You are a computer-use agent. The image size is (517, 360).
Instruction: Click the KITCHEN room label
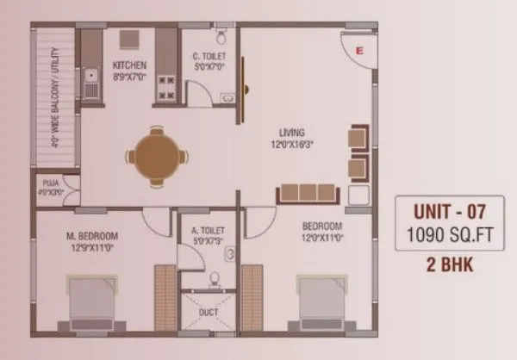[x=129, y=65]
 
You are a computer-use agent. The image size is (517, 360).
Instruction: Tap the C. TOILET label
[x=209, y=57]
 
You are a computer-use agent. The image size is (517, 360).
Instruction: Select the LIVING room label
[x=292, y=133]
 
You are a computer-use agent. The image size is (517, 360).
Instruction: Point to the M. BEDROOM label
[x=92, y=235]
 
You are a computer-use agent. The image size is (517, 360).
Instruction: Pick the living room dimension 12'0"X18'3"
[x=292, y=144]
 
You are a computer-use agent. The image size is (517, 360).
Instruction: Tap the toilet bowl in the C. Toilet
[x=222, y=35]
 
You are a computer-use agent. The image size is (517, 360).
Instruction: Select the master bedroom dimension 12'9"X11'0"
[x=92, y=246]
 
